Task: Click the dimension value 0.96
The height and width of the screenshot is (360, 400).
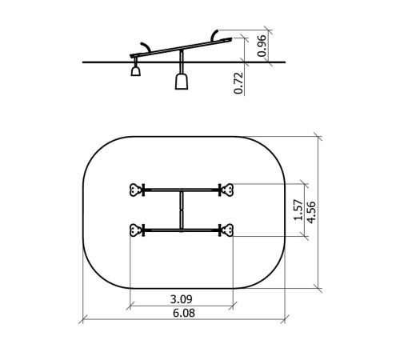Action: [262, 46]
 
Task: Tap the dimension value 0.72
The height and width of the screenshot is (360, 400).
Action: [238, 83]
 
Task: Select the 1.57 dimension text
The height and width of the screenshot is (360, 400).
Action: [298, 210]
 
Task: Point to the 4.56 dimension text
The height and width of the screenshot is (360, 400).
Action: [311, 213]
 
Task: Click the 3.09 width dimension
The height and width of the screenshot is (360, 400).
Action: [181, 299]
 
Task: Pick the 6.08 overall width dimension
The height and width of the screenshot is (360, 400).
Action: [184, 313]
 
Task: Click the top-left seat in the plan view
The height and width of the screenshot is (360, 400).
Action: [136, 190]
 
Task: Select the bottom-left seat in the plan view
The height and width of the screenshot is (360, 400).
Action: [136, 230]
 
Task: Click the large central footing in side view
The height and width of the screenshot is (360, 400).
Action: [182, 82]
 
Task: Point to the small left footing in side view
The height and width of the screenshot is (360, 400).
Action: [135, 71]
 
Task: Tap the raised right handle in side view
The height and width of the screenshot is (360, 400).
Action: [214, 34]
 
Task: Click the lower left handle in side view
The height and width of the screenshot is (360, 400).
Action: [146, 46]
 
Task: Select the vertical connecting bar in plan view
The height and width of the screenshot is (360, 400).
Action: [182, 210]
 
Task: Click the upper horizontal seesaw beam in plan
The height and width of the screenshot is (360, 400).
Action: [182, 190]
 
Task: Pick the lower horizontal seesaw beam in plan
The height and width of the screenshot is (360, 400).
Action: [182, 230]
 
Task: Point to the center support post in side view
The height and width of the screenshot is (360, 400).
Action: [182, 62]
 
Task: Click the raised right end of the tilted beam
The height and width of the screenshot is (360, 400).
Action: [231, 39]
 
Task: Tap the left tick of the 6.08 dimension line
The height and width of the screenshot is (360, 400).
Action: [83, 319]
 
